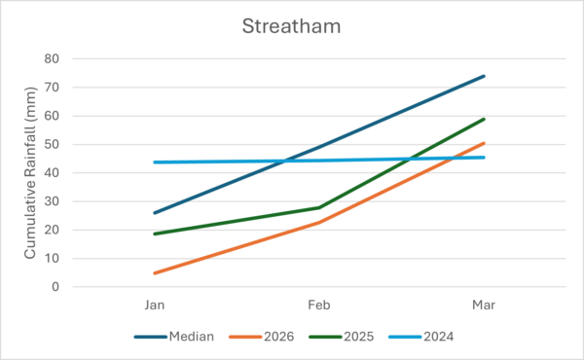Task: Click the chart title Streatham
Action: (x=291, y=26)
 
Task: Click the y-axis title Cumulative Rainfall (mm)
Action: (x=31, y=173)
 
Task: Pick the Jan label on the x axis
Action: (x=154, y=305)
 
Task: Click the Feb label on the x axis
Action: (x=319, y=305)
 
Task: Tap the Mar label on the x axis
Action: (x=484, y=305)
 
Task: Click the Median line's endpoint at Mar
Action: (x=484, y=76)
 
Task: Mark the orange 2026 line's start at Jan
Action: (x=154, y=273)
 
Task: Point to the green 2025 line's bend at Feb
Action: (x=319, y=207)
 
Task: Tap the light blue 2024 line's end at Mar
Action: (x=484, y=158)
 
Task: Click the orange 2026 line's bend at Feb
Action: (x=319, y=223)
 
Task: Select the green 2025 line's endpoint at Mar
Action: (x=484, y=119)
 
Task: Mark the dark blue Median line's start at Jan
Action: (x=154, y=213)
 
